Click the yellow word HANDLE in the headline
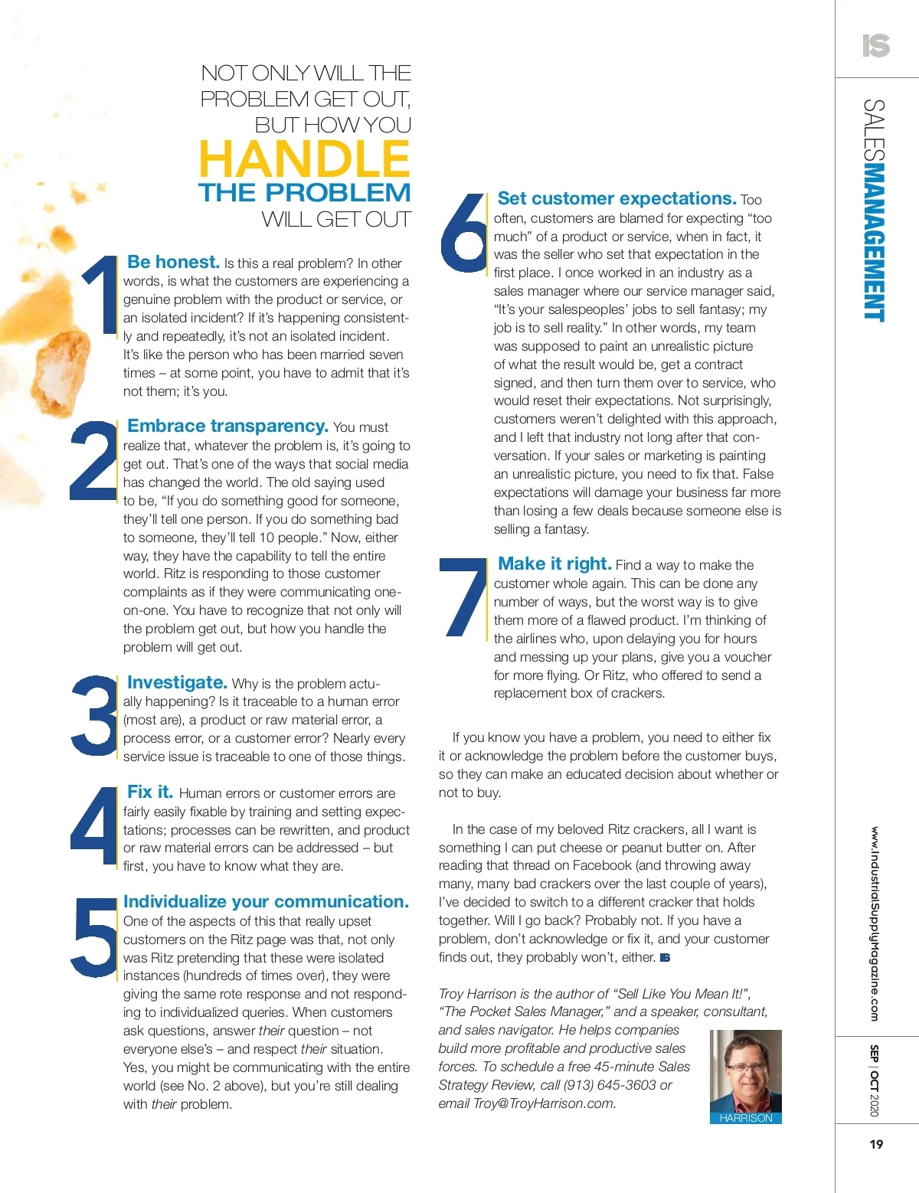click(304, 159)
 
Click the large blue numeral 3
click(93, 717)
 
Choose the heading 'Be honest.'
click(173, 262)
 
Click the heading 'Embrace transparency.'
click(227, 426)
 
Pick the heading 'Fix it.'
click(150, 792)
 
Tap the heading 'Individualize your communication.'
click(266, 901)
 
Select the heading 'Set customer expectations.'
click(616, 198)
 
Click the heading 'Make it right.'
click(554, 564)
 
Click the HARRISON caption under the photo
click(746, 1118)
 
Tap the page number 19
click(876, 1144)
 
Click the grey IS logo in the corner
click(875, 46)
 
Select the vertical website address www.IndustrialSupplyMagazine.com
click(874, 923)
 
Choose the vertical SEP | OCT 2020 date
click(874, 1080)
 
